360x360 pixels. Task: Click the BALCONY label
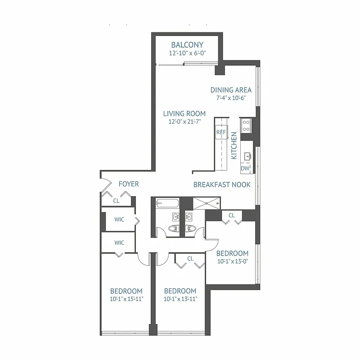point(187,45)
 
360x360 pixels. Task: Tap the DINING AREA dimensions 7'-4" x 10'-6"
point(231,98)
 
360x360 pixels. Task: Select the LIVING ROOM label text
point(184,113)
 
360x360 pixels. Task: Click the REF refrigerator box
point(221,132)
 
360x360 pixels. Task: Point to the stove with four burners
point(246,125)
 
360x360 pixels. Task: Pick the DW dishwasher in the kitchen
point(245,168)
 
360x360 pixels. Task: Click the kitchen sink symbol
point(247,156)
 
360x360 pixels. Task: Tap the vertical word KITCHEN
point(234,146)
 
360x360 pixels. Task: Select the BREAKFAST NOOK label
point(219,184)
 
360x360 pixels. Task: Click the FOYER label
point(128,184)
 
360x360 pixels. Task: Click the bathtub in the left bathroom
point(165,203)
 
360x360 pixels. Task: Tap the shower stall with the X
point(207,203)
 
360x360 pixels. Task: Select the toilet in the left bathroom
point(173,229)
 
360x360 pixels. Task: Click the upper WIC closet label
point(119,219)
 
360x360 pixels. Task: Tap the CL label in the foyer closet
point(116,201)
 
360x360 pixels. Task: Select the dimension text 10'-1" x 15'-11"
point(126,299)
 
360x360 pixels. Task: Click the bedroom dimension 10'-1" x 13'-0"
point(233,261)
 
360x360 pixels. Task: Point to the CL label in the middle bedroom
point(190,258)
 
